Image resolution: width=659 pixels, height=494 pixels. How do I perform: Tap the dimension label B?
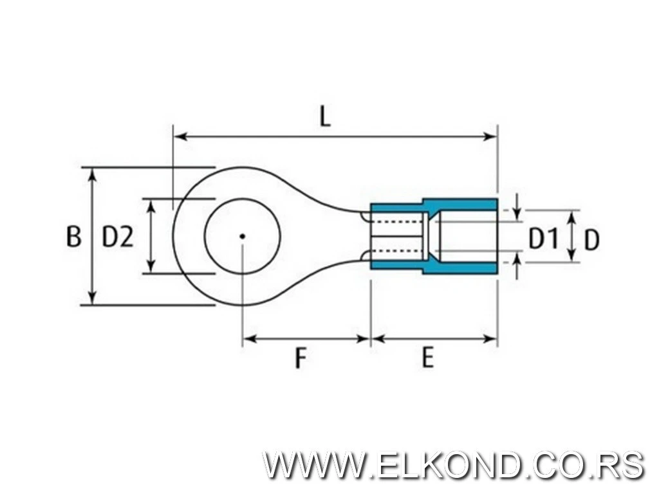coord(73,237)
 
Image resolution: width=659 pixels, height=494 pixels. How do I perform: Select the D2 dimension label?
coord(118,237)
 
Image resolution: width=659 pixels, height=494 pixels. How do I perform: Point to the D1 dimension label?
coord(543,239)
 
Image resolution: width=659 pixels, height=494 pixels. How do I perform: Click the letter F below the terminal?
coord(300,358)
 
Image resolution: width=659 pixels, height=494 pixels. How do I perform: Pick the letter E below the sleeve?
coord(427,358)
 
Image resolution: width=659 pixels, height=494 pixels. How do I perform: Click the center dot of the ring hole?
coord(242,237)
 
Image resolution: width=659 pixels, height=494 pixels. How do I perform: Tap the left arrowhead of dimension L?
coord(180,136)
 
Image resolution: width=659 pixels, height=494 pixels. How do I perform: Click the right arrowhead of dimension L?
coord(490,136)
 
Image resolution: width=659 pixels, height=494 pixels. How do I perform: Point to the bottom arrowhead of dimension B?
coord(93,298)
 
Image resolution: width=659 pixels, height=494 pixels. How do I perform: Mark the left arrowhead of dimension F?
coord(250,338)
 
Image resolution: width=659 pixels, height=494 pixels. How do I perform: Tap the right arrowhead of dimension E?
coord(490,338)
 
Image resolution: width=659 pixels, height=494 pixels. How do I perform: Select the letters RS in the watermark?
coord(624,465)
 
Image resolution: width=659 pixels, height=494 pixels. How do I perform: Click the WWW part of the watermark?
coord(313,465)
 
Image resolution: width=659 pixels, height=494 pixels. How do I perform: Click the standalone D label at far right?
coord(591,241)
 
